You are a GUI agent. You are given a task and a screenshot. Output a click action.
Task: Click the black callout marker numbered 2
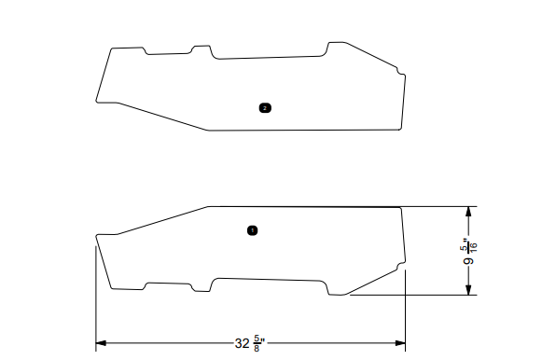point(265,108)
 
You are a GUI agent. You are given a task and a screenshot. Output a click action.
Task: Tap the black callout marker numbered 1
point(252,229)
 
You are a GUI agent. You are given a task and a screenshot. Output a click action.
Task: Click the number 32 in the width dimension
point(242,343)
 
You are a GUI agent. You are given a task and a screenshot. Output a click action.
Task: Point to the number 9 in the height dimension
point(469,262)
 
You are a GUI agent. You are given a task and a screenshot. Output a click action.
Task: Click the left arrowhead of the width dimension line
point(100,343)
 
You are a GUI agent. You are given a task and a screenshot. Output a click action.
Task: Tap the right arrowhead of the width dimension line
point(401,343)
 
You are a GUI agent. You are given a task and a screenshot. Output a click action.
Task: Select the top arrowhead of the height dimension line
point(469,210)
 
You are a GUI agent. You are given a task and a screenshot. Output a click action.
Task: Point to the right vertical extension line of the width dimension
point(406,308)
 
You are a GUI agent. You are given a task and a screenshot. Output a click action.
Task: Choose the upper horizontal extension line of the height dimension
point(438,206)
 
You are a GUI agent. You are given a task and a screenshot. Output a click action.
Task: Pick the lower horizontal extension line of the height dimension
point(410,296)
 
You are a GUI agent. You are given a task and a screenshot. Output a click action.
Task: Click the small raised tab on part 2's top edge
point(199,47)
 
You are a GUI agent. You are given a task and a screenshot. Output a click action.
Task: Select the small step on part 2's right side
point(399,71)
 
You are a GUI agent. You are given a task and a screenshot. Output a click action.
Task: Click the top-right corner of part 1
point(401,207)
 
